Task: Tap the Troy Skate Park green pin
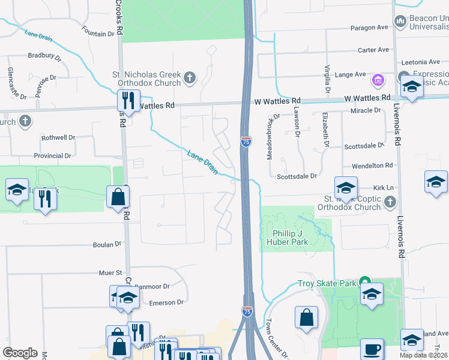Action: click(x=364, y=281)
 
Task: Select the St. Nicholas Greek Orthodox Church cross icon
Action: click(x=190, y=77)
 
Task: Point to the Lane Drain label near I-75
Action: click(x=203, y=162)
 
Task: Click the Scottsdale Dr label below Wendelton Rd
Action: click(x=297, y=176)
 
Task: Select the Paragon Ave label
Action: click(x=370, y=28)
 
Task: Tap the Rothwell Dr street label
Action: click(x=58, y=137)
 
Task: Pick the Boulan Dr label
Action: click(x=107, y=245)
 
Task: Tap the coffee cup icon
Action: click(x=372, y=349)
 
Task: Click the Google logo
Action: click(x=20, y=353)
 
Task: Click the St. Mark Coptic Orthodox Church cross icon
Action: click(x=390, y=201)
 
